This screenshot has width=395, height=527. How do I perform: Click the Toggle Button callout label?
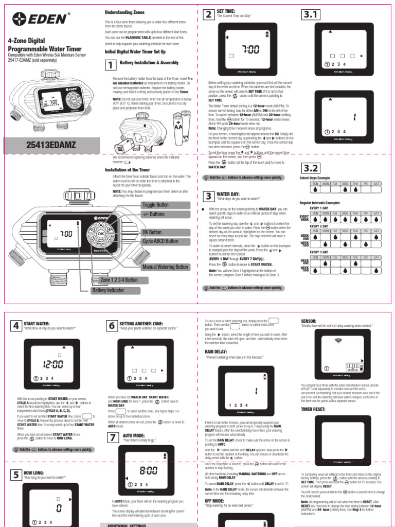[x=155, y=205]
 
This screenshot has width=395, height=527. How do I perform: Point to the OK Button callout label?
[x=152, y=233]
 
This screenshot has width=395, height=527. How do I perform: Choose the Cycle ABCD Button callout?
[x=160, y=241]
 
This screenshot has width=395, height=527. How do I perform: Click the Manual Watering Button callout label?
[x=165, y=267]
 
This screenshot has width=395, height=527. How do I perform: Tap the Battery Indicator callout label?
[x=106, y=290]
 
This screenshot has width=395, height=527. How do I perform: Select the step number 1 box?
[x=111, y=65]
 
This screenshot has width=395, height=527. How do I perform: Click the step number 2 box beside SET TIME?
[x=208, y=14]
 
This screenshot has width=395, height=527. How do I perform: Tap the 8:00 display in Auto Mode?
[x=149, y=470]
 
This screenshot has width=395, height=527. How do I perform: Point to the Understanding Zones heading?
[x=124, y=12]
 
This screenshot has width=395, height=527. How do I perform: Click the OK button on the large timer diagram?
[x=101, y=233]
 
